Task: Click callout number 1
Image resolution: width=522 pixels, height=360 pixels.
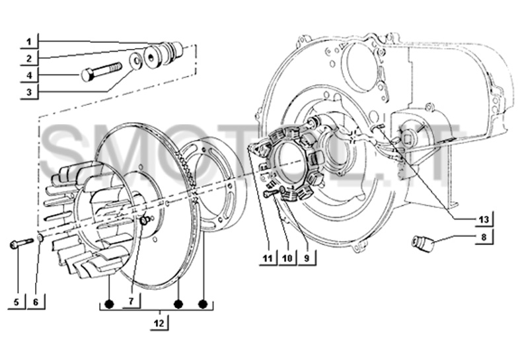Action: click(30, 42)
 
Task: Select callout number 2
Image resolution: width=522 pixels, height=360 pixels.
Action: click(30, 58)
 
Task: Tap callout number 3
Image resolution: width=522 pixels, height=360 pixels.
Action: click(30, 91)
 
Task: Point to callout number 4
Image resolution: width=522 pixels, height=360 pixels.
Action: click(30, 75)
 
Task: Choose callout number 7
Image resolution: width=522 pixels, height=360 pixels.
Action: click(131, 301)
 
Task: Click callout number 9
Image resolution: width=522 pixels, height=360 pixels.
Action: click(306, 258)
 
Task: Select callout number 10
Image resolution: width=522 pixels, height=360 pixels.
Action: click(287, 258)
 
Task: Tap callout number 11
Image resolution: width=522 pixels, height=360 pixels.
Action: click(267, 258)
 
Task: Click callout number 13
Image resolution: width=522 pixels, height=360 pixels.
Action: click(484, 219)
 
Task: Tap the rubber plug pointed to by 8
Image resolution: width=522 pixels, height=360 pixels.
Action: click(422, 242)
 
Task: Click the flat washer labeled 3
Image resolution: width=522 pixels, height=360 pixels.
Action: click(135, 61)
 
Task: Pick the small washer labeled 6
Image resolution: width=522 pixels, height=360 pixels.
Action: click(40, 238)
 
